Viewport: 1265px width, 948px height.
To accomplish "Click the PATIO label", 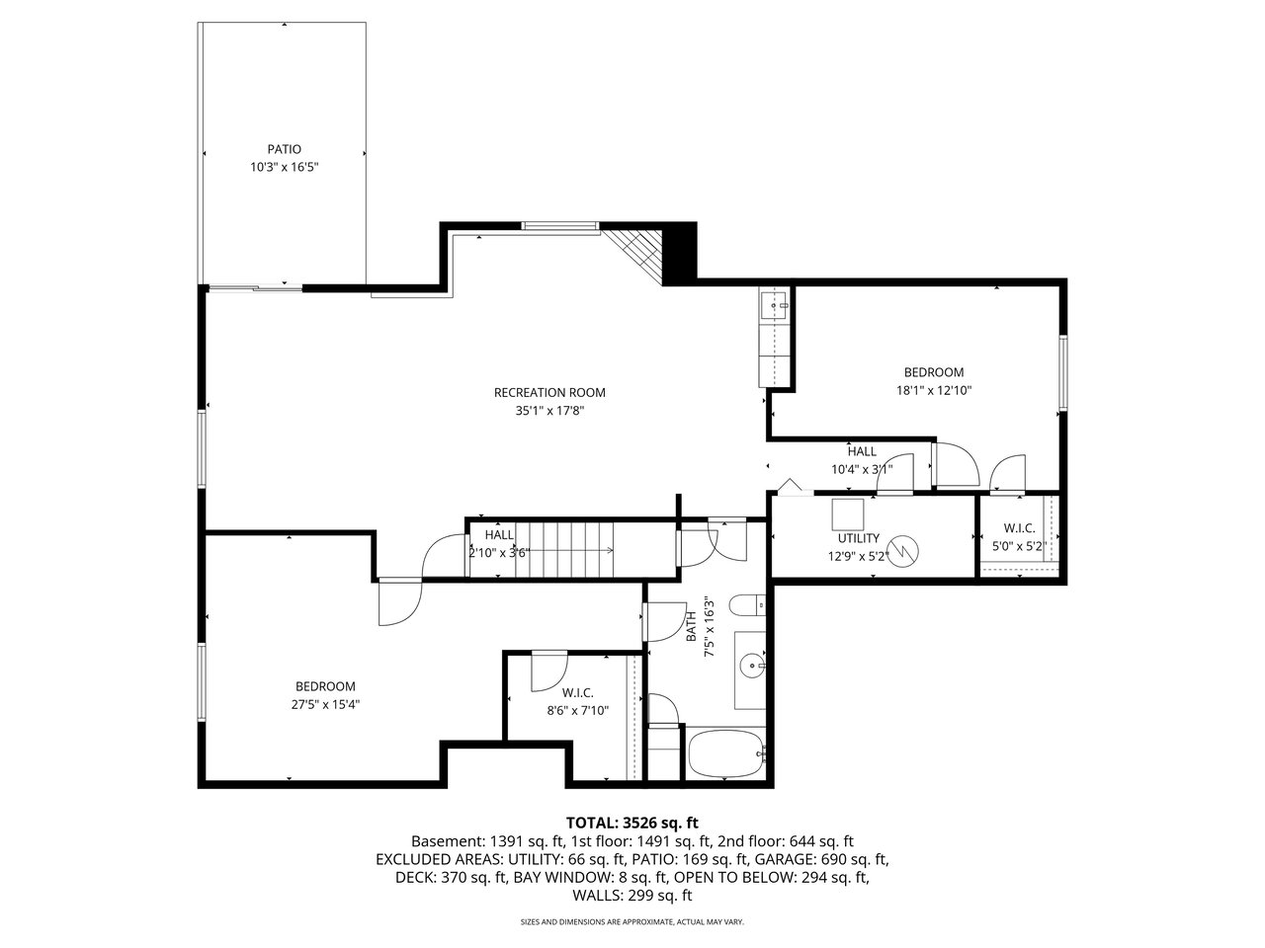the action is (x=284, y=149).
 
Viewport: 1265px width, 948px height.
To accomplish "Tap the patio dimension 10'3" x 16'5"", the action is (x=284, y=168).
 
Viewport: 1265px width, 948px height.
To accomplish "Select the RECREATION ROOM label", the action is (x=549, y=393).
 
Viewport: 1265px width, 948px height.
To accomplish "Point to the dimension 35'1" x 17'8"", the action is (x=549, y=411).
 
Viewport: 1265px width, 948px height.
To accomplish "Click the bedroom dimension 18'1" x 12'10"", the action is (x=934, y=390).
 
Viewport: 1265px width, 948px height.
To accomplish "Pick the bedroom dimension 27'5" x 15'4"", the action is (x=325, y=704).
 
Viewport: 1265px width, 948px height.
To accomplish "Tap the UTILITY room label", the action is (x=858, y=538).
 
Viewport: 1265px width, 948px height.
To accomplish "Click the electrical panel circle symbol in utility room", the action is (x=903, y=551).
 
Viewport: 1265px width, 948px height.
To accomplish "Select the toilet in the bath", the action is (x=747, y=605).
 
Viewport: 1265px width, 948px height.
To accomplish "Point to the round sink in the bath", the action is (x=753, y=667).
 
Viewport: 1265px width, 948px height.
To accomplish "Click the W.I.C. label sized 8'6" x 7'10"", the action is (x=577, y=693).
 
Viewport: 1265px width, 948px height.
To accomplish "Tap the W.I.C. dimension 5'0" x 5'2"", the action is (x=1019, y=546).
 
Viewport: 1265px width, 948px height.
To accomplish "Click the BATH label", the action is (x=692, y=626).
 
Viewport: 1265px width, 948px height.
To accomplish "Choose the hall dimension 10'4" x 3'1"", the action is (x=862, y=469).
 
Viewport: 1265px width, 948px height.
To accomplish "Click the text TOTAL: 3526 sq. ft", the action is (x=632, y=823).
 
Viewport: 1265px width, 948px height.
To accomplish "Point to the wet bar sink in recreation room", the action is (x=775, y=307).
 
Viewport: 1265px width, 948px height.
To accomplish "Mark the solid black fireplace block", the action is (x=680, y=253).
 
